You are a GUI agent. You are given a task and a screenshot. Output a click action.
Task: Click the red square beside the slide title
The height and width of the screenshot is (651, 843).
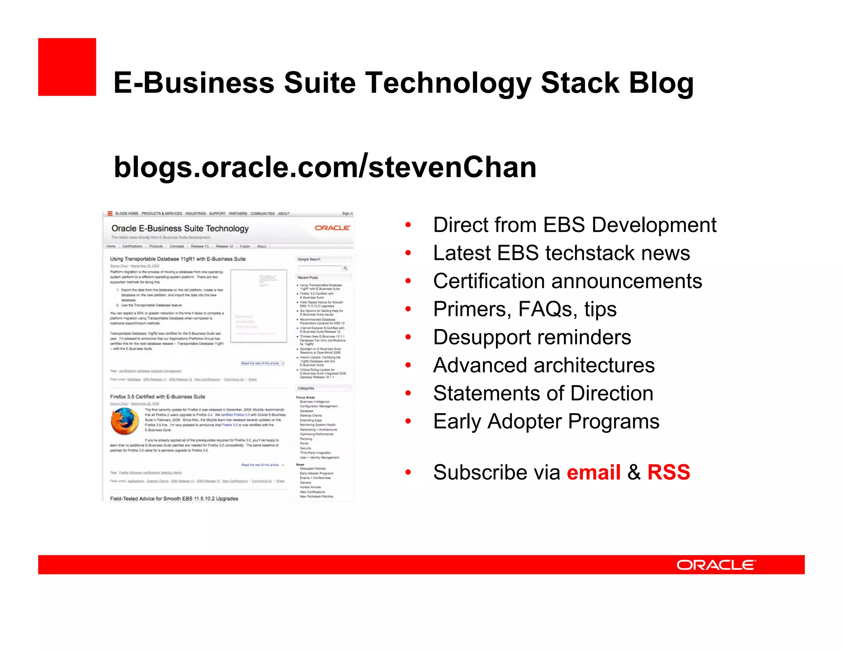[67, 67]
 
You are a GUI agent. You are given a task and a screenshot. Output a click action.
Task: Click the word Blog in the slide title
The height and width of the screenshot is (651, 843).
[661, 83]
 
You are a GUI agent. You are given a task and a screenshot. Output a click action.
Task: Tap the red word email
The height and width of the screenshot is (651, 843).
[594, 472]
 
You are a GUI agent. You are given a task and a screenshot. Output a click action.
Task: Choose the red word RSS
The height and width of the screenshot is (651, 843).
[668, 472]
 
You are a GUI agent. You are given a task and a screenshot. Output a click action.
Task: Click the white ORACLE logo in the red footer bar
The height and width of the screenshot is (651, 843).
[716, 565]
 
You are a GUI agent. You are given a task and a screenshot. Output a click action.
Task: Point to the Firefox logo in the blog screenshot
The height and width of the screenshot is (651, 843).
[124, 422]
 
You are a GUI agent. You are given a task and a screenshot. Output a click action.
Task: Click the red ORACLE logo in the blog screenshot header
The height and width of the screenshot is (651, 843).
[332, 228]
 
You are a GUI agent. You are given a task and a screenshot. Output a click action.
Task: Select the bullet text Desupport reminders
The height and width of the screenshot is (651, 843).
[532, 337]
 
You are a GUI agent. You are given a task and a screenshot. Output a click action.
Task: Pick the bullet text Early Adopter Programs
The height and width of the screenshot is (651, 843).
[546, 421]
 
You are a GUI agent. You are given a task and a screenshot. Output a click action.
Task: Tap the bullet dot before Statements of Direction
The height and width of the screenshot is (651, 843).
[408, 393]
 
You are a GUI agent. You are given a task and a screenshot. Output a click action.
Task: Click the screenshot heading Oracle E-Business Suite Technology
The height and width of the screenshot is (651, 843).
[180, 228]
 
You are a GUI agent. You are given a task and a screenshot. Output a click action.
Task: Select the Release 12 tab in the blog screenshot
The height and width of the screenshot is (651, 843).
[224, 246]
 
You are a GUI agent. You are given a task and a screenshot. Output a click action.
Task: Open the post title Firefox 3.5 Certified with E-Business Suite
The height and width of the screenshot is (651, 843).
[157, 397]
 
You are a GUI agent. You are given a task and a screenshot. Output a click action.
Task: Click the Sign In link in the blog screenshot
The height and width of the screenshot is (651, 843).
[347, 214]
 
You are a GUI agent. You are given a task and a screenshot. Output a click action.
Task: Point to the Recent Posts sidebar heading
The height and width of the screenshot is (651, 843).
[307, 278]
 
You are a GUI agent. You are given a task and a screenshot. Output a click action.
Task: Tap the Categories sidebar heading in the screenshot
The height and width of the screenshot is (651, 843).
[305, 388]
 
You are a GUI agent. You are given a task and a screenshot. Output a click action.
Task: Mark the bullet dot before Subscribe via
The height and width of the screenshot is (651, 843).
[408, 472]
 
